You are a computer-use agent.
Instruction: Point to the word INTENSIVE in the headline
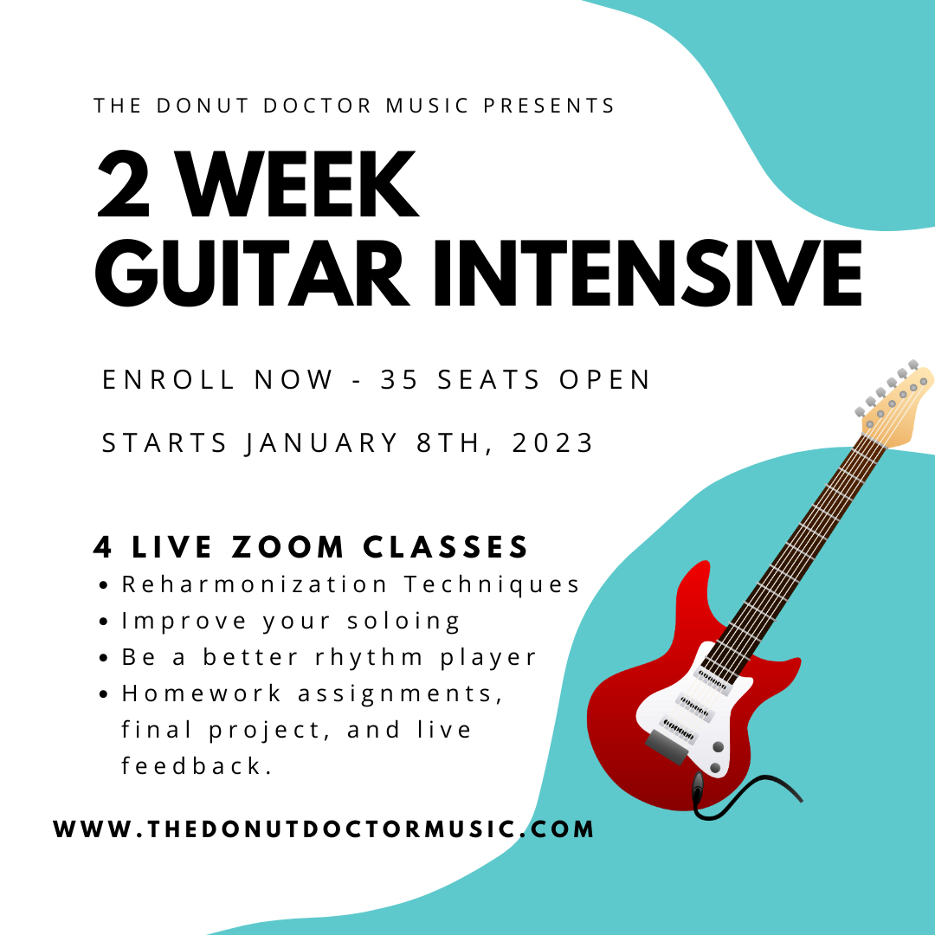point(648,273)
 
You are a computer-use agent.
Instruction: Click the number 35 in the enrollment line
point(399,380)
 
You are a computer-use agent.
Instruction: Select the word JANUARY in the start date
point(321,443)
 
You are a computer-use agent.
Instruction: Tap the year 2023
point(552,443)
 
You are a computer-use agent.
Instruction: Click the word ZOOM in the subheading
point(288,547)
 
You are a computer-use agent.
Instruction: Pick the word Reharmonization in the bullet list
point(255,584)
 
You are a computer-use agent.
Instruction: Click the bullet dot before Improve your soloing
point(104,622)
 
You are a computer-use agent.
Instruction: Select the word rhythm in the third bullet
point(369,658)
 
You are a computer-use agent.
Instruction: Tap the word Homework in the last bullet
point(201,693)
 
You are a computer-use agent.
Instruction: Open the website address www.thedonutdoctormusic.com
point(323,829)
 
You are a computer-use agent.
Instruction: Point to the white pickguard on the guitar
point(694,710)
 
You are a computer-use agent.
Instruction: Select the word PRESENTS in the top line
point(549,106)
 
